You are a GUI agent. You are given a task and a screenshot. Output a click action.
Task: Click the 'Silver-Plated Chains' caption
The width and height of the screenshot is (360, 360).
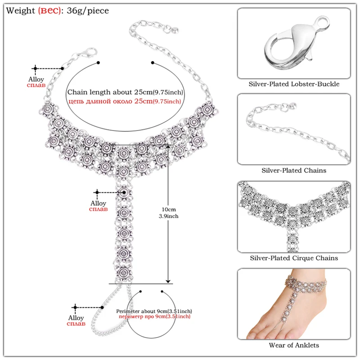[x=294, y=171]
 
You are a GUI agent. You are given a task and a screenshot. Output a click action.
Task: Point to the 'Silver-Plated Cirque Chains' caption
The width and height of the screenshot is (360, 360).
[x=294, y=258]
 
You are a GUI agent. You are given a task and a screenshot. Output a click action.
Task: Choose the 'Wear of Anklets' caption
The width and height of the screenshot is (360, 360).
[x=294, y=345]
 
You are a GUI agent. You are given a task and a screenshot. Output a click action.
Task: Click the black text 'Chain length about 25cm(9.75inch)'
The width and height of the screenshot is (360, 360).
[x=125, y=92]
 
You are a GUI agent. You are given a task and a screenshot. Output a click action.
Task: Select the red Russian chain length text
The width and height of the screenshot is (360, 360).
[x=125, y=101]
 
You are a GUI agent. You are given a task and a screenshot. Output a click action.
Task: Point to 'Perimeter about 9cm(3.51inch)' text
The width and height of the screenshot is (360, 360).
[x=154, y=311]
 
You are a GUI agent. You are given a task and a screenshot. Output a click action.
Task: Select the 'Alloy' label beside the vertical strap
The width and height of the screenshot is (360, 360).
[x=98, y=203]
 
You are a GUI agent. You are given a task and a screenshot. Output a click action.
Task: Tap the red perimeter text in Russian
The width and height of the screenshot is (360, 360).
[x=154, y=317]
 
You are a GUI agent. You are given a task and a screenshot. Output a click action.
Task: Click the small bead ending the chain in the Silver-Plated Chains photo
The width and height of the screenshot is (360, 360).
[x=293, y=107]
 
